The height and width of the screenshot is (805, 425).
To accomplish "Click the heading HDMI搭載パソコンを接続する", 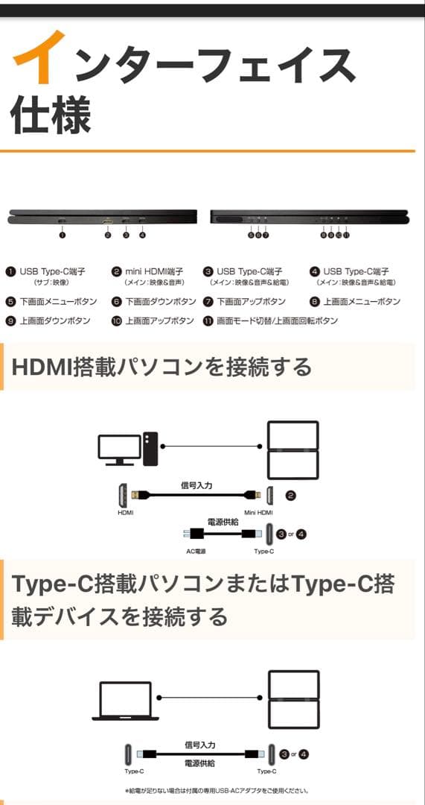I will tap(162, 367).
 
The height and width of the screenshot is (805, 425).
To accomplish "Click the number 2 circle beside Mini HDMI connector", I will tap(291, 494).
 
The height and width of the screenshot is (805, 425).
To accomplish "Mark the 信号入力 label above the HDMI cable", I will tap(196, 484).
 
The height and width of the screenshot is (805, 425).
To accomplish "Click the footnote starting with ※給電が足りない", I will tap(217, 791).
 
